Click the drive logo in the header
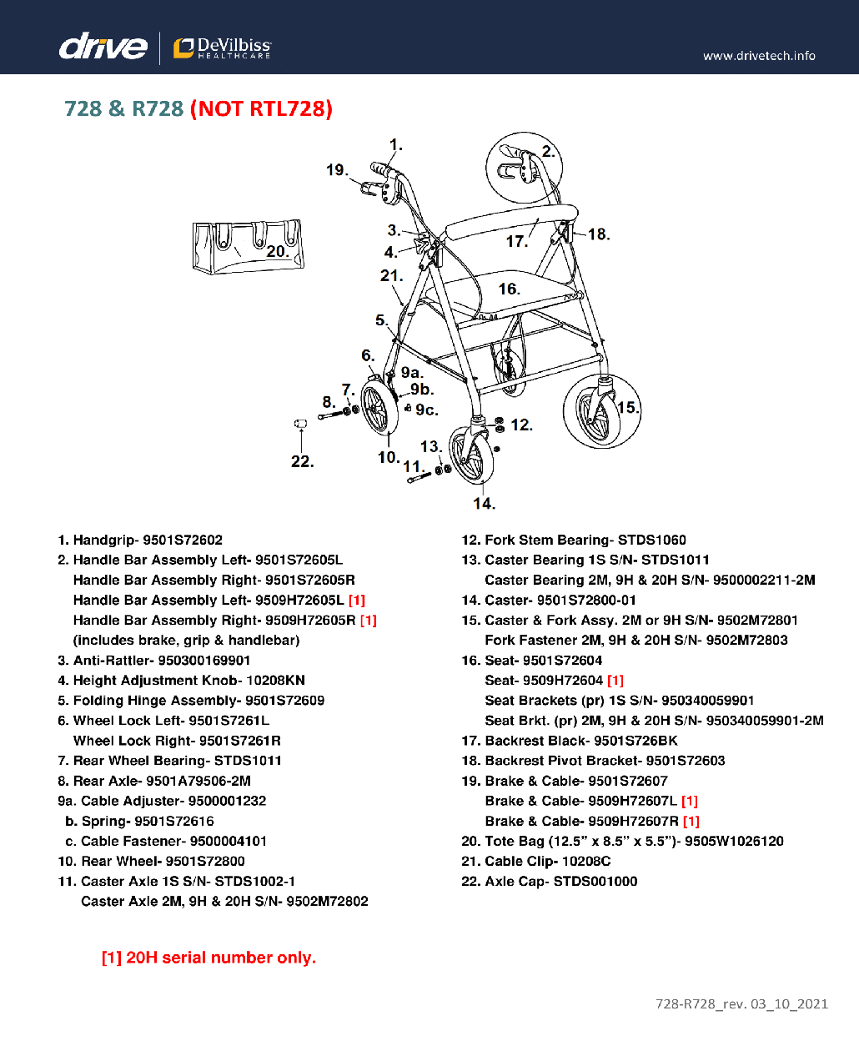103,47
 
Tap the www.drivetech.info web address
759,56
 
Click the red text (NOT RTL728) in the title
261,108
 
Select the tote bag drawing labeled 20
247,246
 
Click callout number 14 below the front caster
484,503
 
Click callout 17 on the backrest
516,241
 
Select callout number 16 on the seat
509,289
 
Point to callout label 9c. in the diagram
426,410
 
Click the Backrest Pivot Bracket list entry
593,761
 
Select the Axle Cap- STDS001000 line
550,881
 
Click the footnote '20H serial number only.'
208,958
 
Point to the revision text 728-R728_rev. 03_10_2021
741,1003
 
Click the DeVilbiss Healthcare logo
222,48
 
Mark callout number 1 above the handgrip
396,145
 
